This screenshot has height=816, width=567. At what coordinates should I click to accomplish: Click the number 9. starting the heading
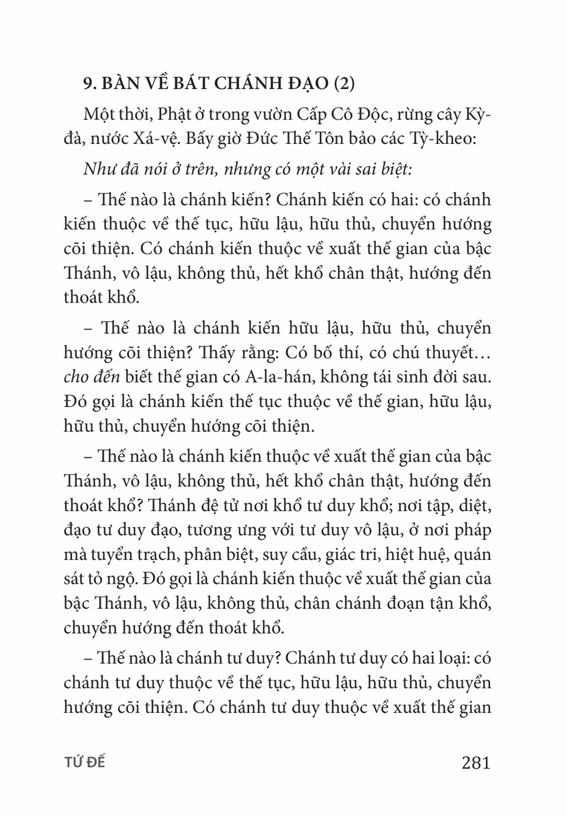point(90,83)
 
